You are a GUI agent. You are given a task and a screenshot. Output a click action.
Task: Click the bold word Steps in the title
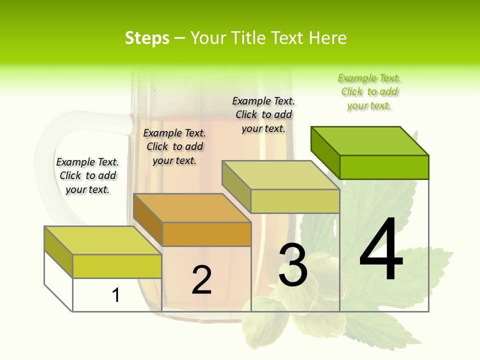coord(147,38)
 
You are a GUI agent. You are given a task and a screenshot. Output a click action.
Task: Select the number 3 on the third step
coord(292,265)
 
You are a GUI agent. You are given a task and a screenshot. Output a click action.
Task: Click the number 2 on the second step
coord(201,280)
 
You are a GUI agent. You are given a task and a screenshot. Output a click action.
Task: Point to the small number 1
coord(116,295)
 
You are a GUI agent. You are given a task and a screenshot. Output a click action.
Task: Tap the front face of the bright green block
coord(384,167)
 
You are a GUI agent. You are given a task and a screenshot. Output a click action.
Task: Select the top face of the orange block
coord(192,208)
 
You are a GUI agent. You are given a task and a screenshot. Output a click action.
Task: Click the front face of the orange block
coord(206,234)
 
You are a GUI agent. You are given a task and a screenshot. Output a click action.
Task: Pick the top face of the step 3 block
coord(281,175)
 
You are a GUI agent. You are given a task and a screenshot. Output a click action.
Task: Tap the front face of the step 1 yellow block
coord(117,266)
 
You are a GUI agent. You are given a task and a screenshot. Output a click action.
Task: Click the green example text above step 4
coord(369,91)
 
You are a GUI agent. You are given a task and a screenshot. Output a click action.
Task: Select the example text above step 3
coord(263,114)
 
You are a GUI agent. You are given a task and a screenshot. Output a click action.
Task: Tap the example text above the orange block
coord(174,146)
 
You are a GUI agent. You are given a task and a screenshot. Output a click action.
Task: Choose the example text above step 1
coord(87,175)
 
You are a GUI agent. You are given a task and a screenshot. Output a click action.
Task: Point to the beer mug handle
coord(50,165)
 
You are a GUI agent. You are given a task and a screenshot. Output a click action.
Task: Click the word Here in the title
coord(328,38)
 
